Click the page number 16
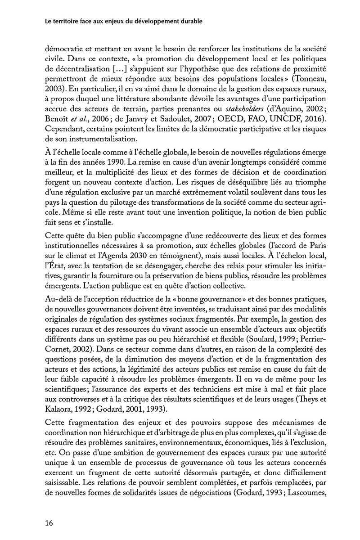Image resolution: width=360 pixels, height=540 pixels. click(x=49, y=522)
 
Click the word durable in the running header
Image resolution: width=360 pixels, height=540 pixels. click(x=190, y=21)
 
